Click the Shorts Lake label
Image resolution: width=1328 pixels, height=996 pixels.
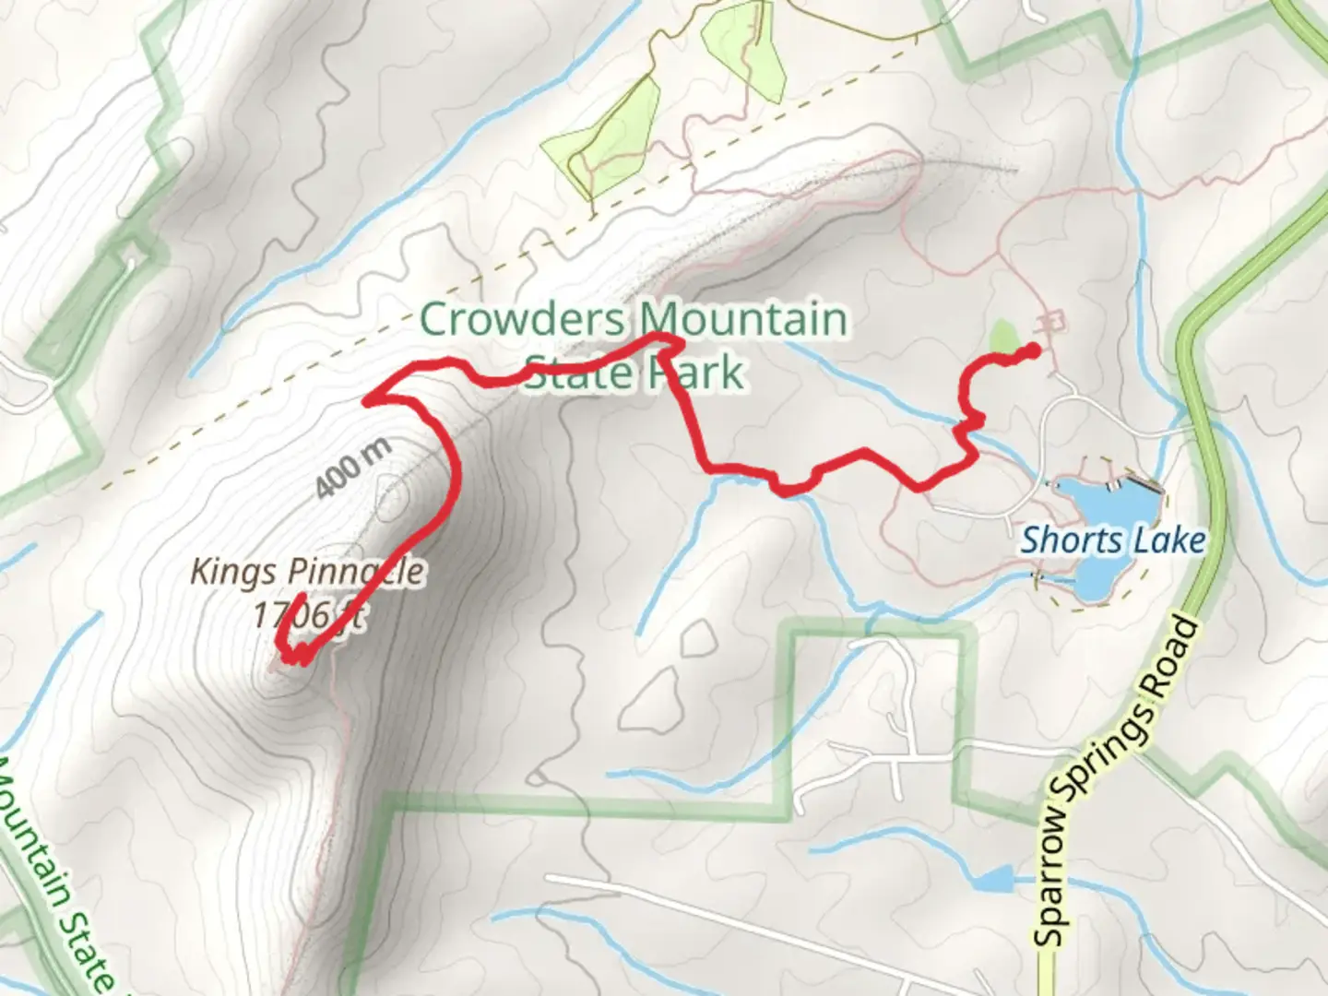[x=1112, y=539]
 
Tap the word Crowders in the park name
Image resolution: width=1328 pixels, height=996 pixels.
[x=522, y=320]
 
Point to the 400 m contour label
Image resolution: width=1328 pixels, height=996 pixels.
[x=353, y=468]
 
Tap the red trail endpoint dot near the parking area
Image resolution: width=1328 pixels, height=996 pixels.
[x=1034, y=350]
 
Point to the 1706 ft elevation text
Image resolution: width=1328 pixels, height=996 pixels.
[x=310, y=614]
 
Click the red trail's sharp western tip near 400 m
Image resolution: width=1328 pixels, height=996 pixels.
[x=366, y=401]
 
